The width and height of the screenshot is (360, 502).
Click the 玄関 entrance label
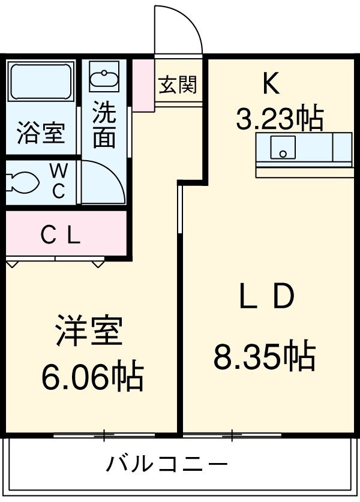[x=178, y=85]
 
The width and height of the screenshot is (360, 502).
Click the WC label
[x=58, y=181]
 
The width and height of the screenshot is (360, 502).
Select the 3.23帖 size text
[x=280, y=119]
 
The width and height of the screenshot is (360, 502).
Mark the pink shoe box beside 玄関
[x=143, y=85]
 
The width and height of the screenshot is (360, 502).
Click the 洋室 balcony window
[x=103, y=434]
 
